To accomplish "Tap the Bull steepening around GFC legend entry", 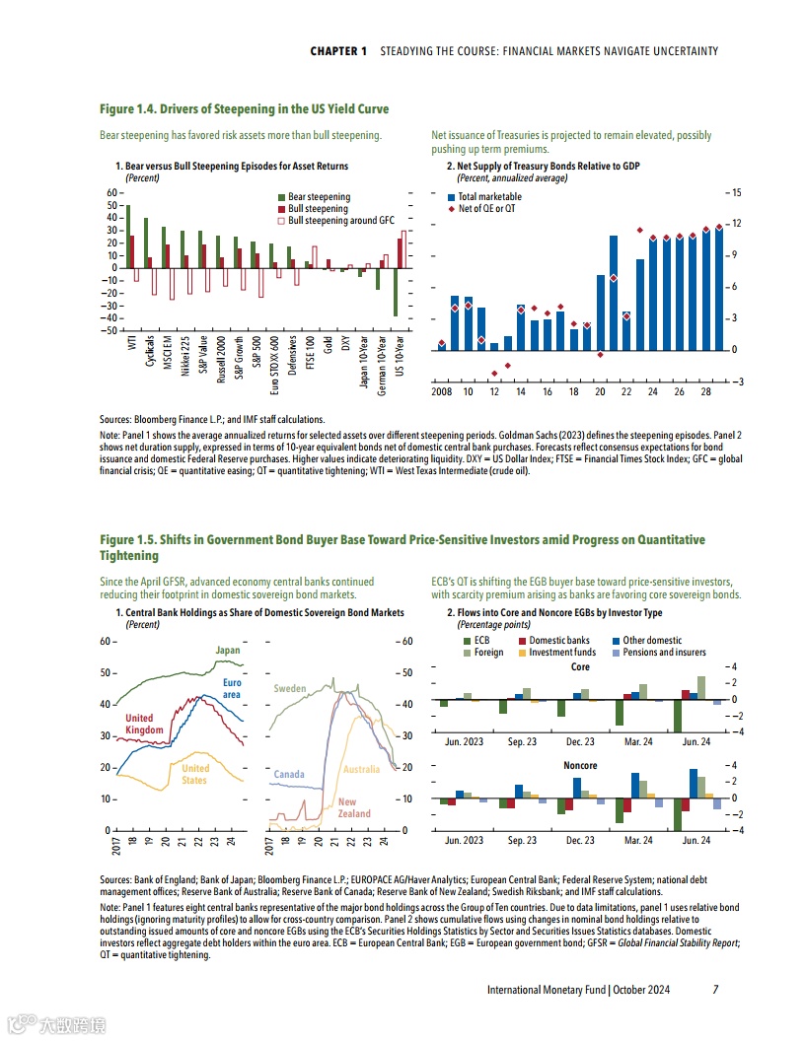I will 335,221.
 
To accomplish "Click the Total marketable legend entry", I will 488,197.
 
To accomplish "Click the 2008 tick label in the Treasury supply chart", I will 442,392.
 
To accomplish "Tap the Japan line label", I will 228,651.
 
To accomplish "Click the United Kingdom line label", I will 140,724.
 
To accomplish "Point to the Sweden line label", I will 290,688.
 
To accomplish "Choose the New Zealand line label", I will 354,807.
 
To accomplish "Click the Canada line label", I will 289,775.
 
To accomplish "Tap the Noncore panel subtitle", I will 579,765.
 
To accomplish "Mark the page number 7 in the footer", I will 715,989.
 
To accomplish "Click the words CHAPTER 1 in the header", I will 338,50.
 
